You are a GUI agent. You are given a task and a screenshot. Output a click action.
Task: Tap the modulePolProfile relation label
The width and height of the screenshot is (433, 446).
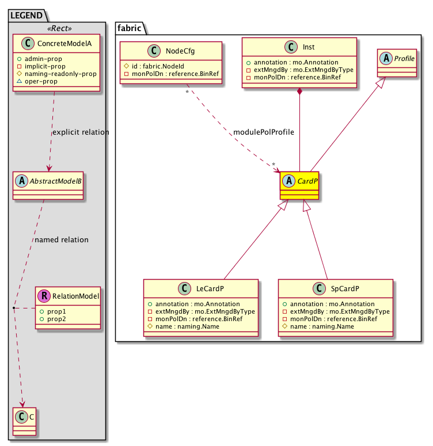coord(264,132)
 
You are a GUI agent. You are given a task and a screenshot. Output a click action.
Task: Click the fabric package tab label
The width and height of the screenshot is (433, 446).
coord(130,27)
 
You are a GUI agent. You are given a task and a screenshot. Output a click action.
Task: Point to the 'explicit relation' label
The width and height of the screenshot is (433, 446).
coord(80,132)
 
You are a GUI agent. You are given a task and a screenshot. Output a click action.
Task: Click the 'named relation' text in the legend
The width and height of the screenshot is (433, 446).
coord(62,240)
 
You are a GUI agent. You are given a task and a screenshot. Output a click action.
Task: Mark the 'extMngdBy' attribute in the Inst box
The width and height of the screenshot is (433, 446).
coord(299,70)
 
